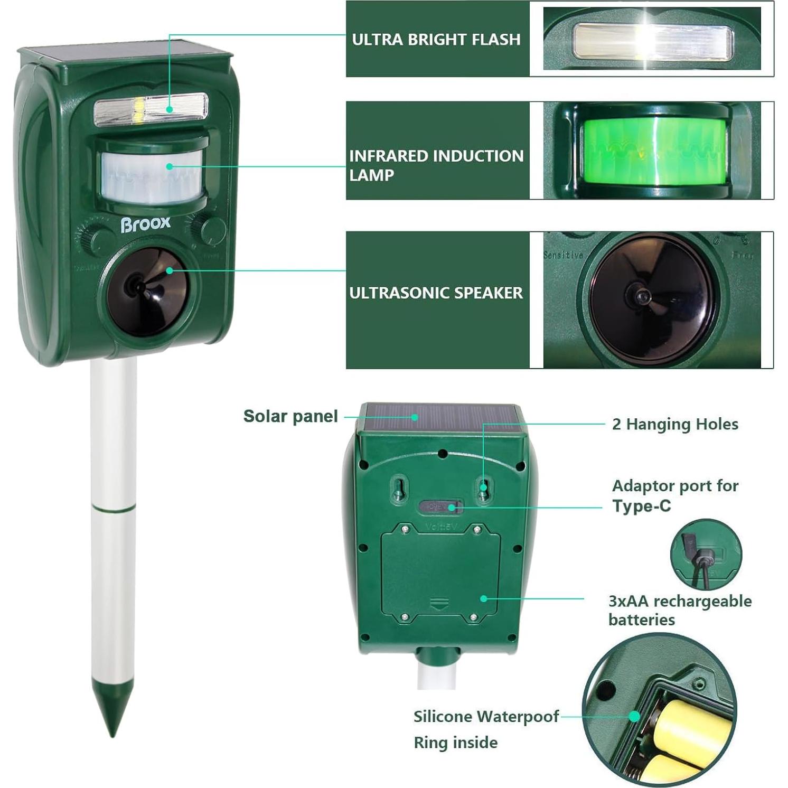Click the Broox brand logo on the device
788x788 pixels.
pos(145,224)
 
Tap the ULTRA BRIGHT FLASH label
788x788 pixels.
pos(436,40)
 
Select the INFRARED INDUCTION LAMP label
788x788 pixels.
pos(436,165)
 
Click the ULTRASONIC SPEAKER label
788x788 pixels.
pos(436,293)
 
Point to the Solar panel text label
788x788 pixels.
pos(290,416)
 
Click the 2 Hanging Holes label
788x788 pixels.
pos(674,424)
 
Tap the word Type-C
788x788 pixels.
pos(641,506)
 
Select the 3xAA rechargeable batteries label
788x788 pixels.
pos(679,610)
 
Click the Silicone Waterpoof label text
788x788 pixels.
pos(485,717)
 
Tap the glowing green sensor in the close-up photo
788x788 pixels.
pos(654,150)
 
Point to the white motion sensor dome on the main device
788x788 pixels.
pos(152,177)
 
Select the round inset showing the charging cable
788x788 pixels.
pos(706,554)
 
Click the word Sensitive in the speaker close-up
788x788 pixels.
pos(563,255)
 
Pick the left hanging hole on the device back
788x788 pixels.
pos(400,487)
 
